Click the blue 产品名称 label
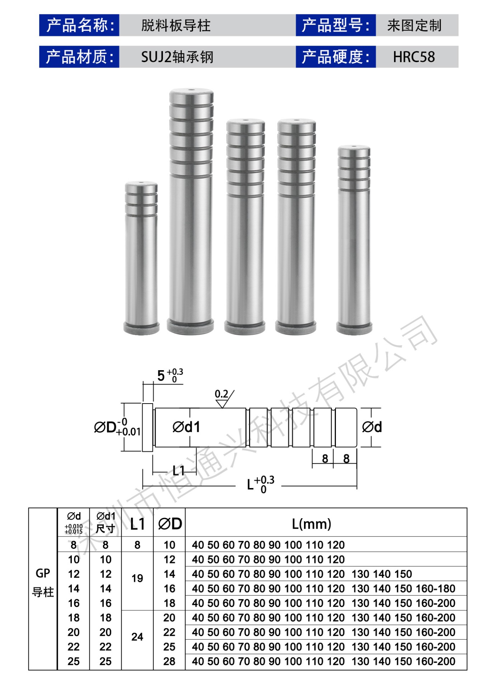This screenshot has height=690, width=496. (x=79, y=25)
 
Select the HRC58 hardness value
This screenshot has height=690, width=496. (x=414, y=57)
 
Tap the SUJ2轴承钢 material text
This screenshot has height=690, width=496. (x=177, y=57)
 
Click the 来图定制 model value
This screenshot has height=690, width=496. (x=414, y=26)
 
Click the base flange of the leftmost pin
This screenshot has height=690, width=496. (x=141, y=327)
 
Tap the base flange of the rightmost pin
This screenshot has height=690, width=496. (x=354, y=327)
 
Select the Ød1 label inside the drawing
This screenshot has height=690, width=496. (x=186, y=427)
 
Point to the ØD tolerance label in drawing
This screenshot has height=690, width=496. (x=117, y=427)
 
